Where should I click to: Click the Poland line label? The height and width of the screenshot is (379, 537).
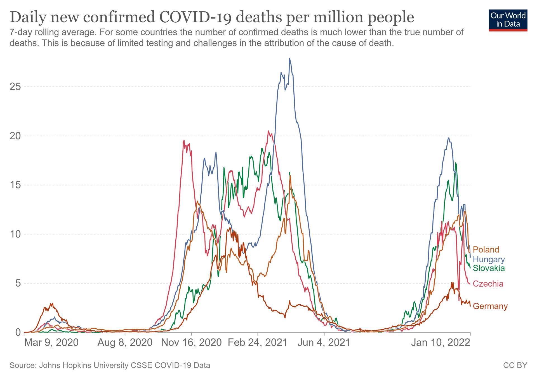[486, 249]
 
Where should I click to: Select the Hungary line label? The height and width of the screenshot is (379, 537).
[489, 259]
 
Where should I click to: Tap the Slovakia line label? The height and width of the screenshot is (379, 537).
[489, 268]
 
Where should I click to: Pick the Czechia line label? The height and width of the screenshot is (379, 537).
[488, 284]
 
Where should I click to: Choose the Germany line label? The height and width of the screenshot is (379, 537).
[490, 306]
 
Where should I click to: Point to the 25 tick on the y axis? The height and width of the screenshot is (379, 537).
[15, 87]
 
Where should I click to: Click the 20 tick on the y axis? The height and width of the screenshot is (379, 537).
[15, 136]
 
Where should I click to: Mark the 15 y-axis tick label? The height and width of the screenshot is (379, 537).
[15, 185]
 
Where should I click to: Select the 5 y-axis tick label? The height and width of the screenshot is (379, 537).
[18, 283]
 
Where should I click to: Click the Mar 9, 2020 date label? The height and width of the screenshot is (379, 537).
[51, 342]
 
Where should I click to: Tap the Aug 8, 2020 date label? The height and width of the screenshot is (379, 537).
[125, 342]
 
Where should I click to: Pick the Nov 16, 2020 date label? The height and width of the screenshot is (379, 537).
[191, 342]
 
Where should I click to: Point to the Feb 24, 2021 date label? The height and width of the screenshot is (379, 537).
[258, 342]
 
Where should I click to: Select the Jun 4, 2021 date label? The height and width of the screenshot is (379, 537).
[324, 342]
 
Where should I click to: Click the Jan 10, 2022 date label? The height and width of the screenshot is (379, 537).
[441, 342]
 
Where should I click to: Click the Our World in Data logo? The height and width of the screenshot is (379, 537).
[508, 20]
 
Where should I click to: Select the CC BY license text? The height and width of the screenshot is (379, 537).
[515, 365]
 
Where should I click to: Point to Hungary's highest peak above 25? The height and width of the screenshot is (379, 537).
[290, 58]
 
